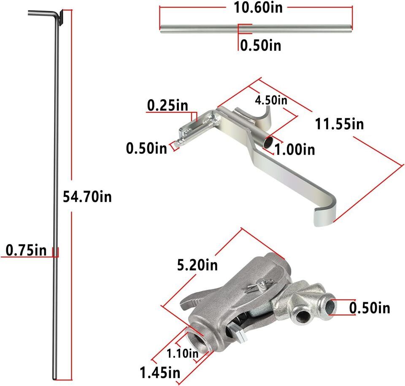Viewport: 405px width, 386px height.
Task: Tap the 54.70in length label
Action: (87, 196)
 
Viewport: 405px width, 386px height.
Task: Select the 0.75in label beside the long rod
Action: (26, 250)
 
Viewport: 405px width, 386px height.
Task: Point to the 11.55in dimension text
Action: (339, 124)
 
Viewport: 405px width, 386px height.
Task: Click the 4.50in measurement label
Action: (270, 101)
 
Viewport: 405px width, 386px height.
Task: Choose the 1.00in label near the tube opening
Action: (294, 149)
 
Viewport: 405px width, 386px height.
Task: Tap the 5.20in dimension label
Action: (197, 265)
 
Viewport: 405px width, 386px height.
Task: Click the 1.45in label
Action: (160, 373)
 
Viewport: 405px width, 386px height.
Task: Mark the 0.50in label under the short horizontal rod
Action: (260, 45)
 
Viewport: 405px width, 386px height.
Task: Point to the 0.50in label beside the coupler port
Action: (370, 308)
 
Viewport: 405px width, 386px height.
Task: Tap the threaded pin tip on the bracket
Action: (176, 144)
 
